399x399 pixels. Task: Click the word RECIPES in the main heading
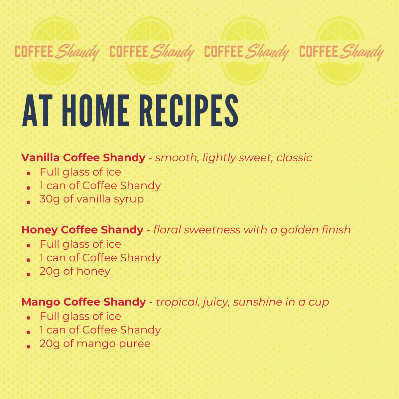(189, 110)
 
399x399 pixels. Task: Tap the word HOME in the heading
(95, 110)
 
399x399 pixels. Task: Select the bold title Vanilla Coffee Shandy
(83, 158)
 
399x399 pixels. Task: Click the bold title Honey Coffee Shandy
(82, 230)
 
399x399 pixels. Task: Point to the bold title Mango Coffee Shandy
(84, 302)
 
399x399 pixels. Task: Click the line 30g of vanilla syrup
(91, 199)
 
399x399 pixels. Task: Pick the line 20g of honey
(75, 271)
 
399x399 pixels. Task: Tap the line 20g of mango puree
(95, 344)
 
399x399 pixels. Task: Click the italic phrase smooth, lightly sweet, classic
(233, 158)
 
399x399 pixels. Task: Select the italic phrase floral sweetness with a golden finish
(252, 230)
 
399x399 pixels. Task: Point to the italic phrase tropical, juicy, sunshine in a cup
(242, 302)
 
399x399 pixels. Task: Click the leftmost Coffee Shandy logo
(57, 52)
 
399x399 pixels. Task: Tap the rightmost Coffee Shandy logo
(342, 52)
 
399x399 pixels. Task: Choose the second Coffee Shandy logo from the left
(152, 52)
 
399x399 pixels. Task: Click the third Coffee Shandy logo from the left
(247, 52)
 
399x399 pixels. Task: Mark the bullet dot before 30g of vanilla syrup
(29, 202)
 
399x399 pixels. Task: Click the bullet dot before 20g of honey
(29, 274)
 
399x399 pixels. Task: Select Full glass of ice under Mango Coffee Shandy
(80, 316)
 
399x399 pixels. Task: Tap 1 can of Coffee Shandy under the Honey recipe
(100, 258)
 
